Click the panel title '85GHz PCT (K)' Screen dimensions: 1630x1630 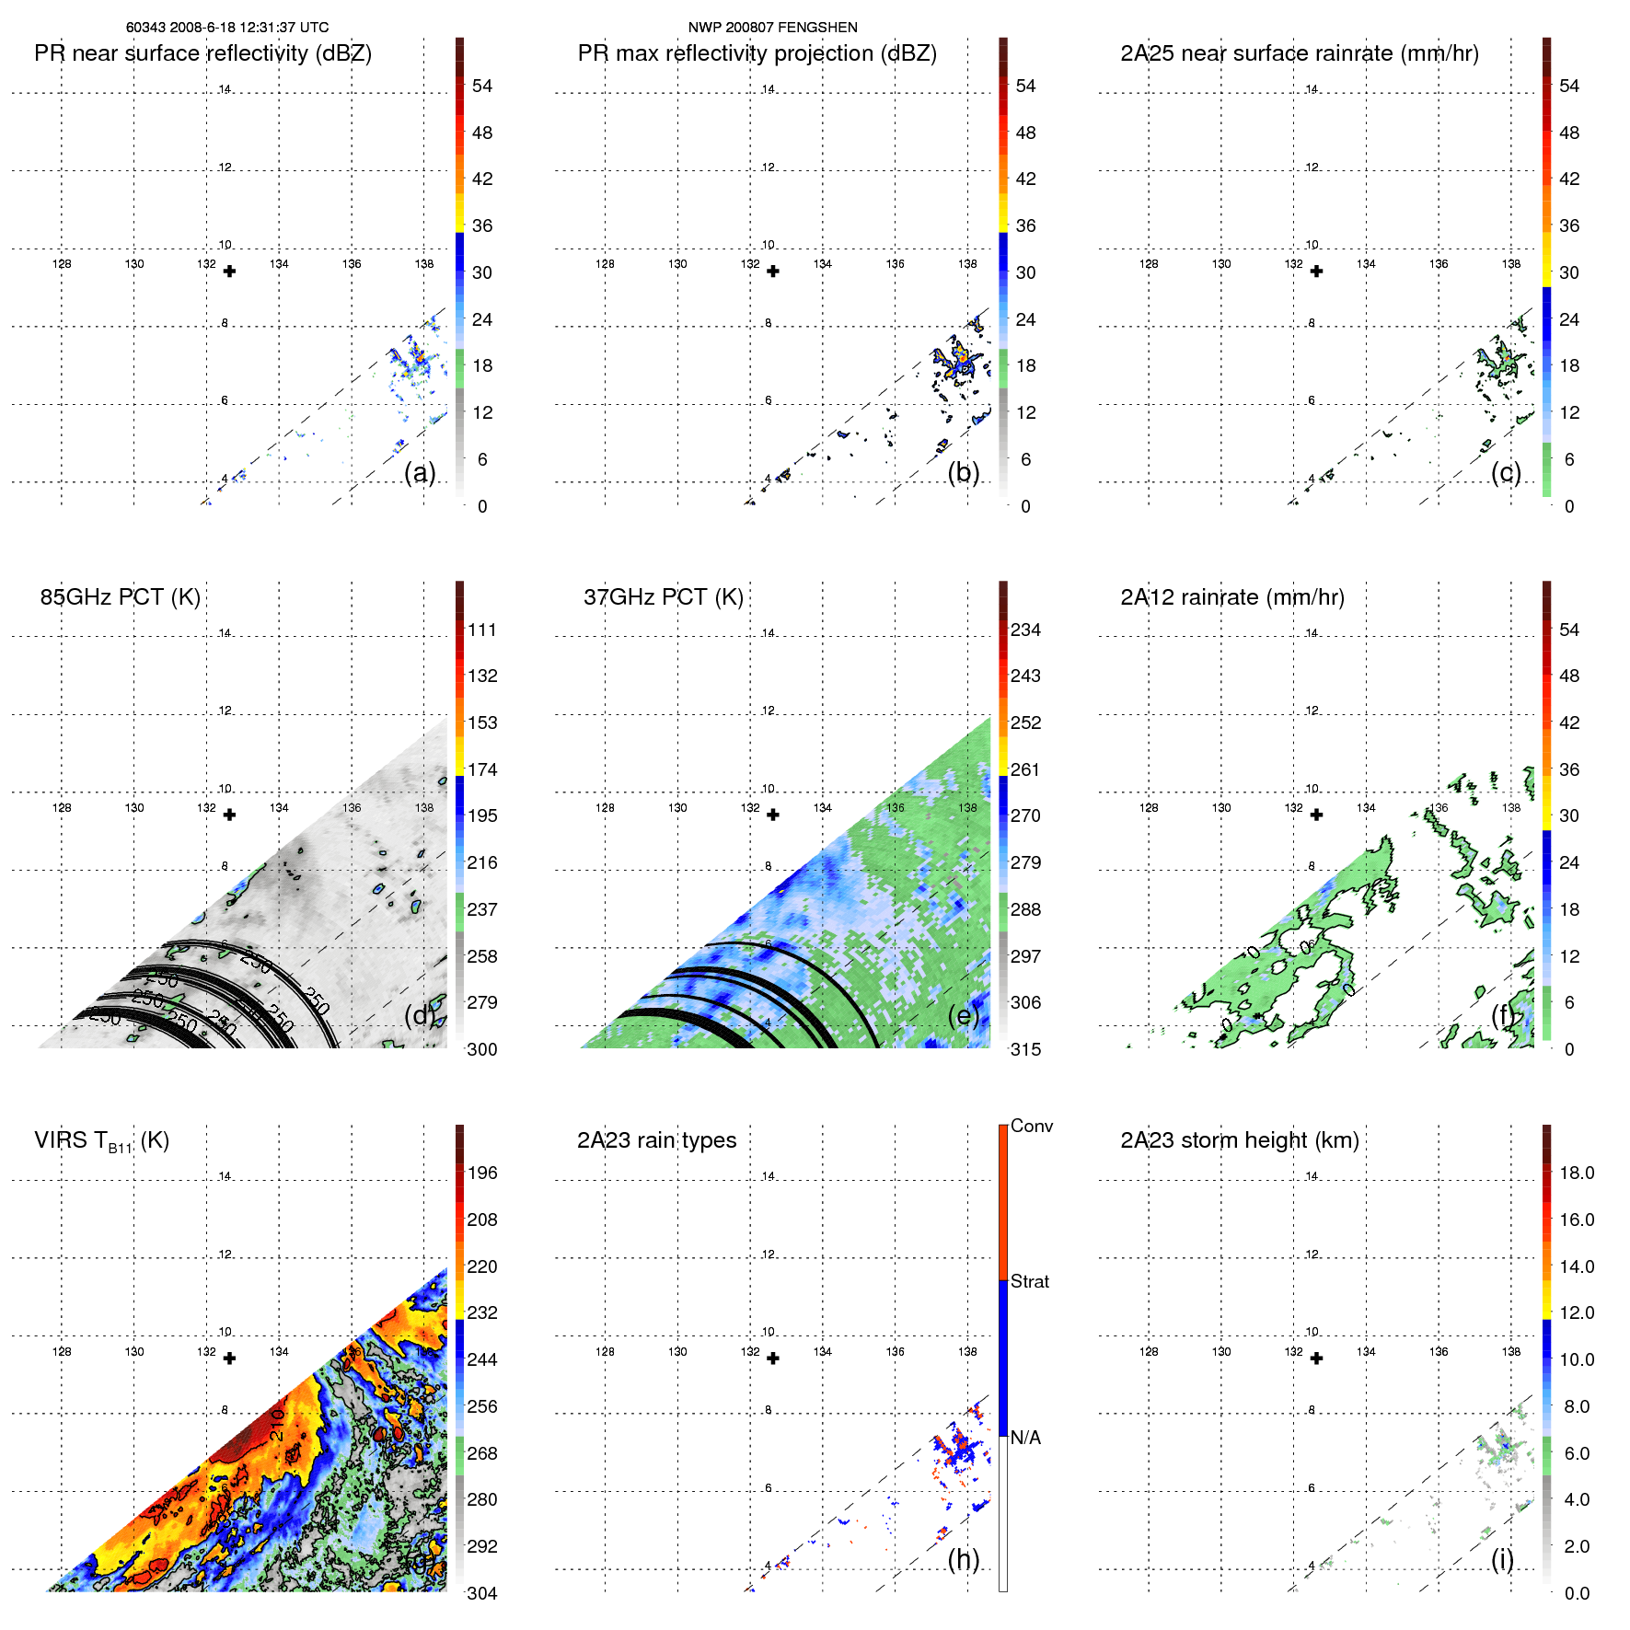click(x=120, y=597)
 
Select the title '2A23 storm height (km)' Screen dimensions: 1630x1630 click(x=1239, y=1140)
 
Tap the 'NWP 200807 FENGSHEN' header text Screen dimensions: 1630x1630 click(x=772, y=28)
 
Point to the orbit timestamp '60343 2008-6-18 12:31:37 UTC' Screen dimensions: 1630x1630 click(x=227, y=28)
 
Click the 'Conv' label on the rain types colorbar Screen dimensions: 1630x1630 click(x=1031, y=1126)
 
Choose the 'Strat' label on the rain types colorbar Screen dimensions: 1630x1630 click(x=1029, y=1281)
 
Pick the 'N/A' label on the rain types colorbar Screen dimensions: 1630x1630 click(x=1025, y=1438)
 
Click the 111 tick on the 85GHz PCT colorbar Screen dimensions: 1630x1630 click(x=482, y=630)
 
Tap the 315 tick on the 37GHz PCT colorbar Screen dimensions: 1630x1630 click(x=1025, y=1049)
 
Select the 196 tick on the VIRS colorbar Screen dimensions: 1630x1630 click(x=482, y=1173)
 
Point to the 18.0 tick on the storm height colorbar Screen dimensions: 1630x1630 click(x=1576, y=1173)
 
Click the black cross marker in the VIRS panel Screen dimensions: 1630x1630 click(x=230, y=1358)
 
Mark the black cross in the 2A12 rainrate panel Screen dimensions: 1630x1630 click(x=1316, y=815)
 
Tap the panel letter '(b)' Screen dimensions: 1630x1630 click(x=963, y=472)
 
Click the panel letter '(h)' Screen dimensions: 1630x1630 click(x=963, y=1559)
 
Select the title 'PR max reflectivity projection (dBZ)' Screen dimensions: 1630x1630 click(x=757, y=53)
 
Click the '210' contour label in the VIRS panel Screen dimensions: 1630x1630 click(x=276, y=1425)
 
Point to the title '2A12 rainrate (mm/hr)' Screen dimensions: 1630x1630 click(x=1231, y=597)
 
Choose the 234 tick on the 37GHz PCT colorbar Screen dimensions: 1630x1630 click(x=1025, y=630)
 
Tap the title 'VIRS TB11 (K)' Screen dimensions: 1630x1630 click(x=101, y=1141)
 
